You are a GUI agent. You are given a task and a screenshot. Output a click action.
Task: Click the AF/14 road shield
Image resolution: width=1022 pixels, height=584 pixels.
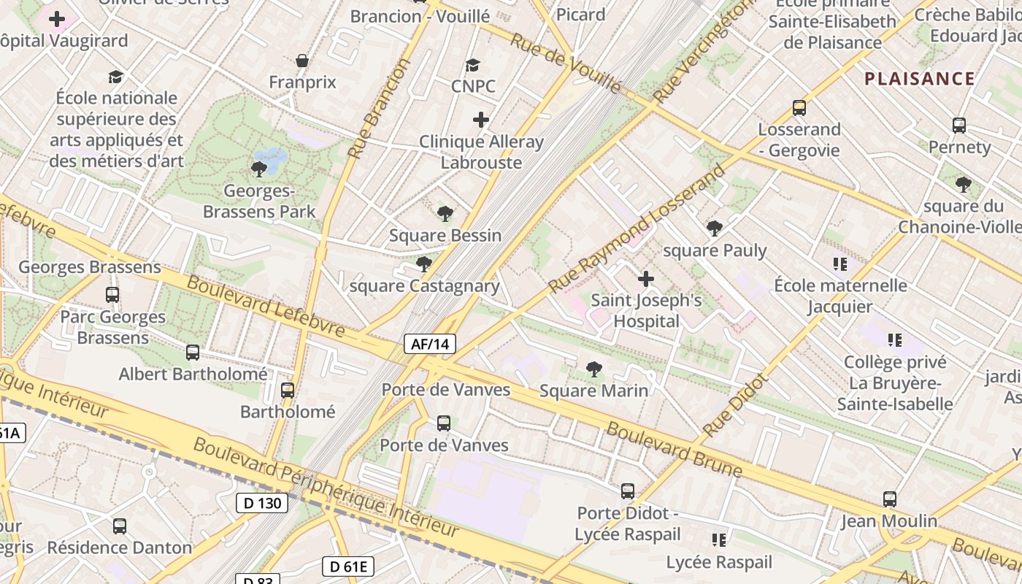click(430, 344)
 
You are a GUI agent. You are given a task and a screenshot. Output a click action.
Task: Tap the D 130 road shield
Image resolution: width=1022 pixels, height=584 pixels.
click(262, 503)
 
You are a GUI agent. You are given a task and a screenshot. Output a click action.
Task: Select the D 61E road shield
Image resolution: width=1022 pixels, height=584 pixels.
click(348, 566)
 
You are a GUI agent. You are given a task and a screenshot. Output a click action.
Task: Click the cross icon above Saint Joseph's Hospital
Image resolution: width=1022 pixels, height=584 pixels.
click(646, 279)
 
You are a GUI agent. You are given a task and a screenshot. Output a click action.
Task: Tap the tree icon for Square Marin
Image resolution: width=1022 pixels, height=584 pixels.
click(594, 369)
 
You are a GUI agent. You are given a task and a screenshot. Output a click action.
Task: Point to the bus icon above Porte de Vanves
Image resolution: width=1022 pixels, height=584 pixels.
click(443, 423)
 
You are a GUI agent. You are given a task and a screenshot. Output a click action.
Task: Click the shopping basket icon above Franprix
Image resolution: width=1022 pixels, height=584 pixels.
click(302, 61)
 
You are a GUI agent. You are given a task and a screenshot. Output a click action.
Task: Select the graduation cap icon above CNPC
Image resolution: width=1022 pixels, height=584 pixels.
click(473, 65)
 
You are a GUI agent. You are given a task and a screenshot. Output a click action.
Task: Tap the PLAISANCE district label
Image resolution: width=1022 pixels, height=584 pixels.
click(919, 79)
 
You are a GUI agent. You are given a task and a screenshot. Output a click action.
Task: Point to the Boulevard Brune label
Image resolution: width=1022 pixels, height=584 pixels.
click(673, 449)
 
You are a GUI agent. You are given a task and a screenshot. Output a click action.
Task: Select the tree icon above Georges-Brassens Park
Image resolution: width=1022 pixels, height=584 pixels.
click(258, 169)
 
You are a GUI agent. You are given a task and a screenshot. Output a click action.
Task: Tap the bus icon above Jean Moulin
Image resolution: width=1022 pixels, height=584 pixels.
click(889, 499)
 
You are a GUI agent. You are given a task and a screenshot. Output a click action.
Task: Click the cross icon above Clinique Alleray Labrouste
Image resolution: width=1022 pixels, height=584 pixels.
click(481, 119)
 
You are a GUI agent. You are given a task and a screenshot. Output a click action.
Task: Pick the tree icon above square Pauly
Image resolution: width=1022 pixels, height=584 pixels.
click(715, 228)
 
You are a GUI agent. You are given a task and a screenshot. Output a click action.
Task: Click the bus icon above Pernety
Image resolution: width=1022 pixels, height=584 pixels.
click(959, 126)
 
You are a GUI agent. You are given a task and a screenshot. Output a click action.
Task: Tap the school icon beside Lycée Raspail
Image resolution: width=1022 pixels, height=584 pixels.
click(719, 540)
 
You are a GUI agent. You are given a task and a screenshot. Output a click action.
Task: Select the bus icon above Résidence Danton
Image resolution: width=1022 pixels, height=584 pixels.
click(120, 526)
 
